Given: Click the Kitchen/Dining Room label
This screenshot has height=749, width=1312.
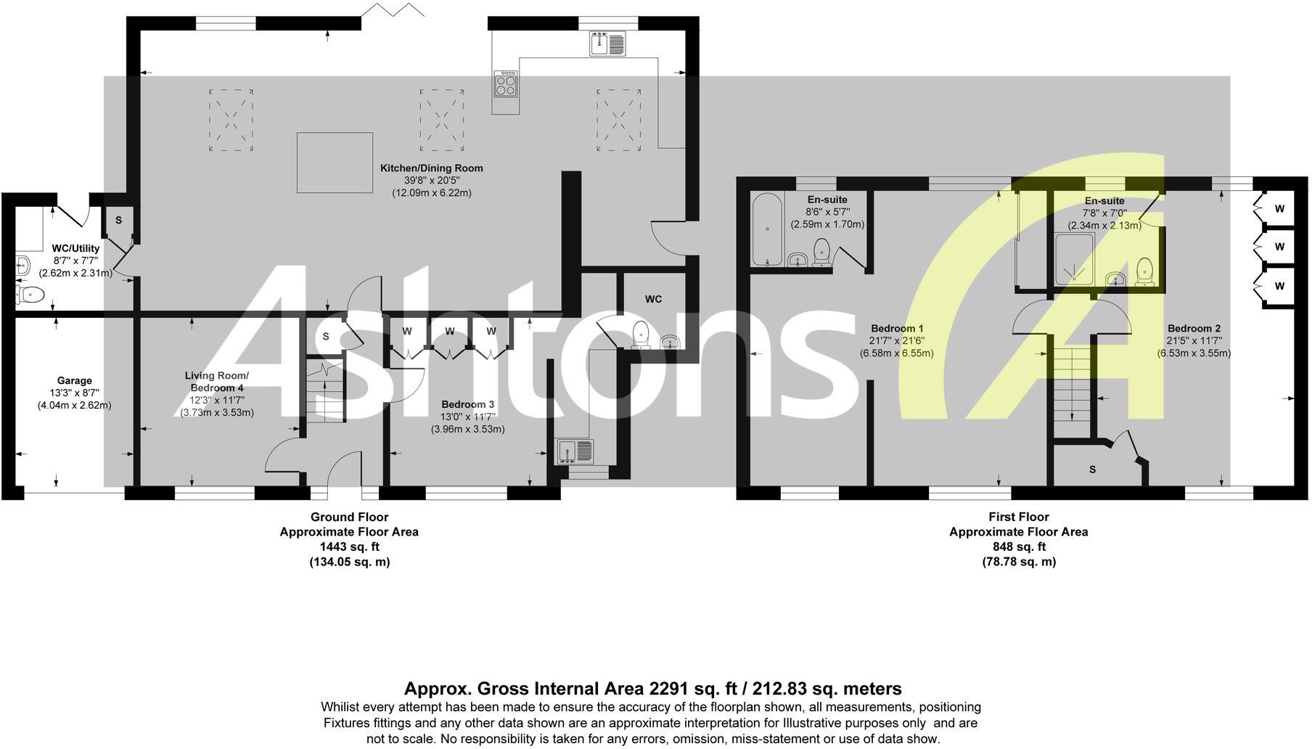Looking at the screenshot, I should pos(431,168).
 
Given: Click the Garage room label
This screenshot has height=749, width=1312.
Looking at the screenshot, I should pos(75,380).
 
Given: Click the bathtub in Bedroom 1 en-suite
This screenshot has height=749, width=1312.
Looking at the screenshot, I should pos(767,229).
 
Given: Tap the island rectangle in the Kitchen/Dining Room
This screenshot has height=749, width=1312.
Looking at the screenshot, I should pos(335,162).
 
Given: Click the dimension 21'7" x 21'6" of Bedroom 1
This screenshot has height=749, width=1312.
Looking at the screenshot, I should pos(897,340).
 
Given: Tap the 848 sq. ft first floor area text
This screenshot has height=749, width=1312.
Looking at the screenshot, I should pos(1019,547).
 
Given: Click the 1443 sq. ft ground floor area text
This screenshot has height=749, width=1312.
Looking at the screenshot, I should pos(349,547).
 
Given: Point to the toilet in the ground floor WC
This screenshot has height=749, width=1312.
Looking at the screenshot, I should pos(641,335).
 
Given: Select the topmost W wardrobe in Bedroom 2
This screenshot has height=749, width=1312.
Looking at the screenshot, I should pos(1279,209).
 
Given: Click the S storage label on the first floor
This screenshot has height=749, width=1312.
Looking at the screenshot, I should pos(1092,470).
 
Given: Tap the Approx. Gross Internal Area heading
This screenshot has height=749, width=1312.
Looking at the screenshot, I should pos(652,688).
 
